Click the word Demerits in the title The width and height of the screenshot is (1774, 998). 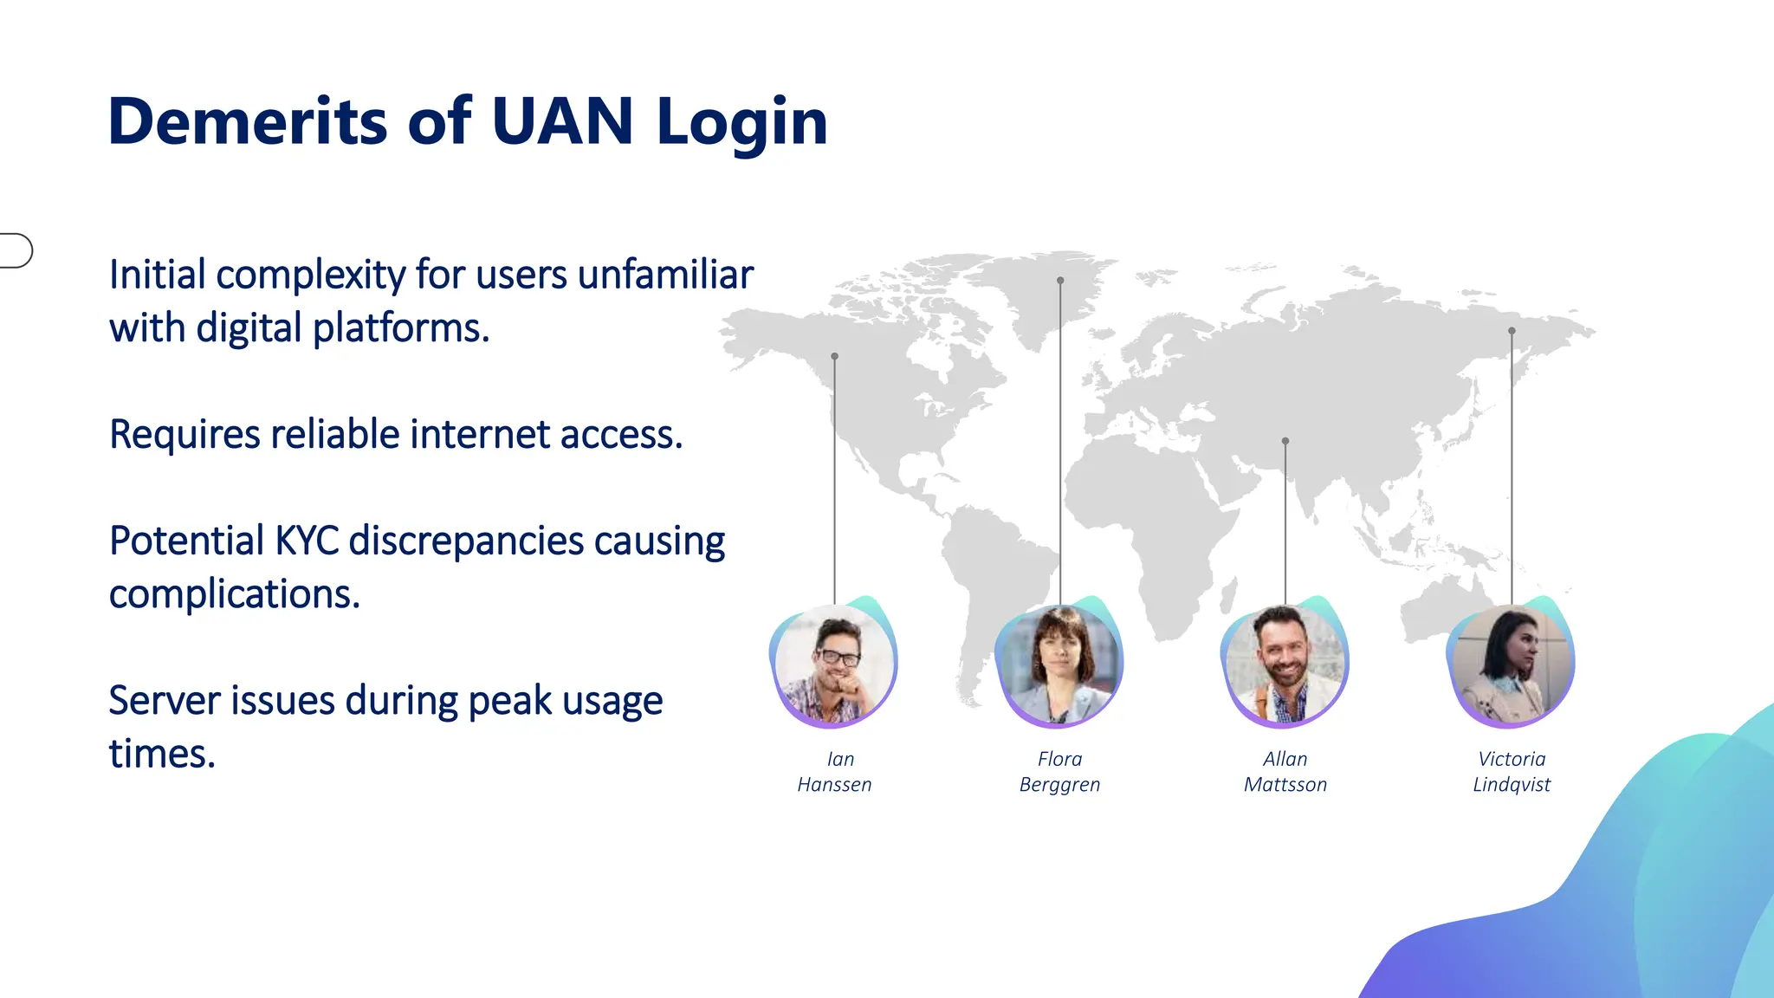click(248, 121)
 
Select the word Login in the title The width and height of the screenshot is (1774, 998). click(742, 123)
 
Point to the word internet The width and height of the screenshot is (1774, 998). click(481, 434)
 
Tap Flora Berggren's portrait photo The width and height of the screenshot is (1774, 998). click(1059, 664)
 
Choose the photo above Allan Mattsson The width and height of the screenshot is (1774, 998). click(1285, 664)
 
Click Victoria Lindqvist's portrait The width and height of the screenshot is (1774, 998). click(1512, 664)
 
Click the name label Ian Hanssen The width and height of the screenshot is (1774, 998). click(835, 772)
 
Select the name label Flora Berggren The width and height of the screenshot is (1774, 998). click(1059, 772)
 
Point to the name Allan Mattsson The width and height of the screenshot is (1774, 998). click(1285, 772)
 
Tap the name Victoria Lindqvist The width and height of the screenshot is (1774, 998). click(1512, 772)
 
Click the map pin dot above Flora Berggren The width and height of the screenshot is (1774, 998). click(1060, 281)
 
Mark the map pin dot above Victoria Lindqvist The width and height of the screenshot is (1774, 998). click(1512, 331)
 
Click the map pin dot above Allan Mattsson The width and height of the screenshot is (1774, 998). click(1285, 441)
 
